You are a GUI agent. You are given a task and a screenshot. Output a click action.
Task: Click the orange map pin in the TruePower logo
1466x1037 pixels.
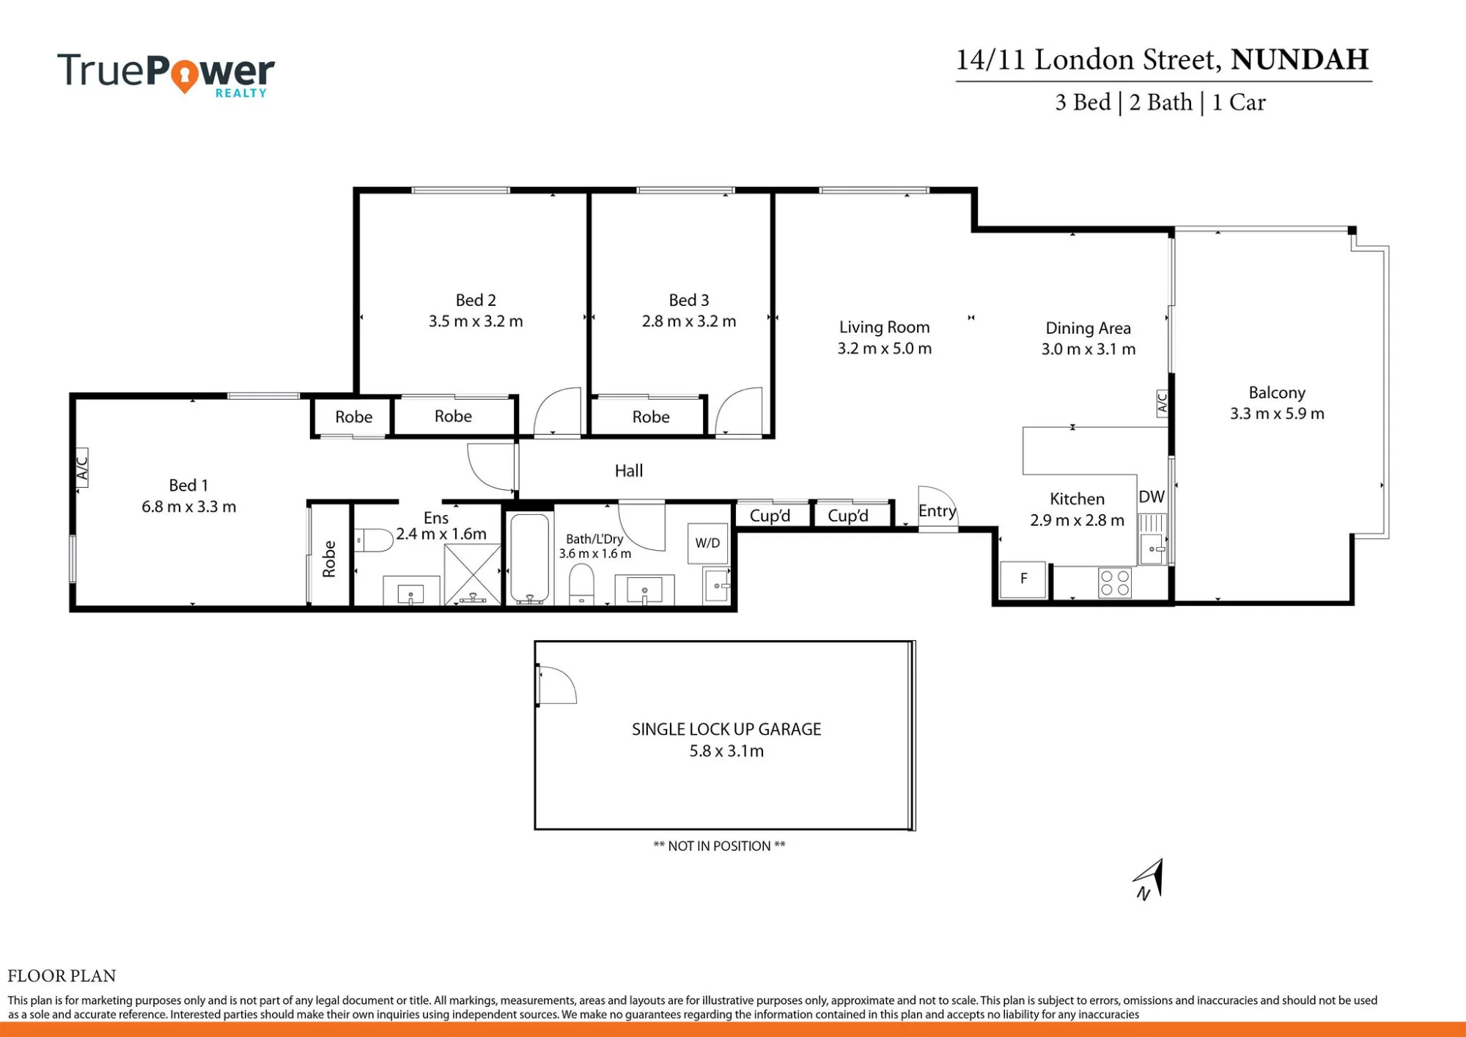pyautogui.click(x=185, y=76)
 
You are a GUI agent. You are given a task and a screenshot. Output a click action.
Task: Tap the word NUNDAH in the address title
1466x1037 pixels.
pyautogui.click(x=1300, y=59)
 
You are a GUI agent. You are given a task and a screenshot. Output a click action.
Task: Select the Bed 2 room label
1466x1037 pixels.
pyautogui.click(x=476, y=300)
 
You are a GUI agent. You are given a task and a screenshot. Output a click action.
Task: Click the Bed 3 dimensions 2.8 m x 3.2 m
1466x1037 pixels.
pyautogui.click(x=689, y=321)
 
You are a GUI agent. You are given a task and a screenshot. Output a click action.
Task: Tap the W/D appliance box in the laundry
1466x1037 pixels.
pyautogui.click(x=708, y=543)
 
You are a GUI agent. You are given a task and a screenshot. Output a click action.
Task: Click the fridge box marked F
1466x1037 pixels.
pyautogui.click(x=1023, y=579)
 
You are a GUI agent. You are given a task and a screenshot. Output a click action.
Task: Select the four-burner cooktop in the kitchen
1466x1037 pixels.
pyautogui.click(x=1115, y=583)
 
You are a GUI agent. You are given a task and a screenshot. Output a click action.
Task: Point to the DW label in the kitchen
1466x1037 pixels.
pyautogui.click(x=1152, y=496)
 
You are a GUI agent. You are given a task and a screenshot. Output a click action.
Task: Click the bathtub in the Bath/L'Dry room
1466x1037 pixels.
pyautogui.click(x=529, y=559)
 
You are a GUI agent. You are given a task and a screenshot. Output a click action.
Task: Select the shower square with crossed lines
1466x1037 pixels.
pyautogui.click(x=473, y=574)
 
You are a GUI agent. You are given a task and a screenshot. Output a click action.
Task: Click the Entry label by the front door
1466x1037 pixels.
pyautogui.click(x=938, y=511)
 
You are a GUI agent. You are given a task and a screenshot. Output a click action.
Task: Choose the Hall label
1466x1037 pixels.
pyautogui.click(x=629, y=471)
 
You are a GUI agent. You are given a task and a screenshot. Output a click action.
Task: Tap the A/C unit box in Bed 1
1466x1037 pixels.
pyautogui.click(x=81, y=468)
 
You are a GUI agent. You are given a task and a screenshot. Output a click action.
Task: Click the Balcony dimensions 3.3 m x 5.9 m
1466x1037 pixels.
pyautogui.click(x=1277, y=414)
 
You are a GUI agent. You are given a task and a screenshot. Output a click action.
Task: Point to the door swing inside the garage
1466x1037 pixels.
pyautogui.click(x=557, y=685)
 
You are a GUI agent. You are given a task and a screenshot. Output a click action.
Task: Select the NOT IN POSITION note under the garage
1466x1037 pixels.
pyautogui.click(x=719, y=846)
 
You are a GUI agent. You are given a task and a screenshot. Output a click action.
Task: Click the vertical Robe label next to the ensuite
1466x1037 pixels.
pyautogui.click(x=329, y=559)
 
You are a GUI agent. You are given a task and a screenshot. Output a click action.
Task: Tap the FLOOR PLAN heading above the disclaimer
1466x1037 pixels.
pyautogui.click(x=62, y=975)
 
